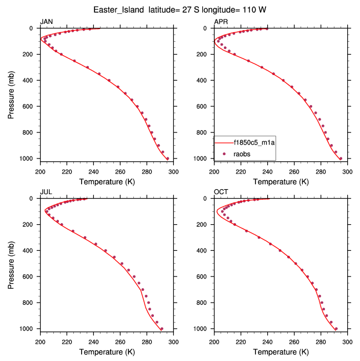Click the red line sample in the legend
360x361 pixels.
[x=227, y=142]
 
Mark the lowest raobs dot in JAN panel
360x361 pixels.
[x=167, y=159]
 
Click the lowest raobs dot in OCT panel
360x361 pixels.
[x=336, y=328]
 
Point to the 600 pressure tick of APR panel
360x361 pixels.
[x=205, y=106]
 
